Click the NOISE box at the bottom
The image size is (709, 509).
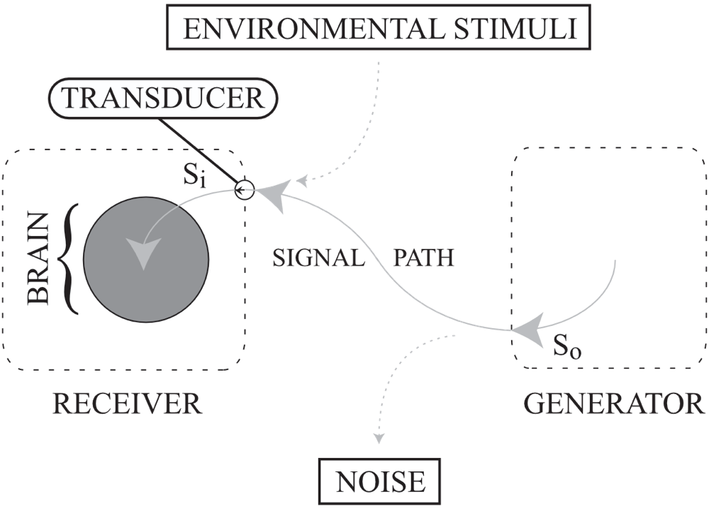(x=380, y=482)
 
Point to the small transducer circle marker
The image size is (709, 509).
(x=243, y=190)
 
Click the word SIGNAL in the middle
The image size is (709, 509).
(x=318, y=257)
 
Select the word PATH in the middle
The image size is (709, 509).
(x=423, y=257)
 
